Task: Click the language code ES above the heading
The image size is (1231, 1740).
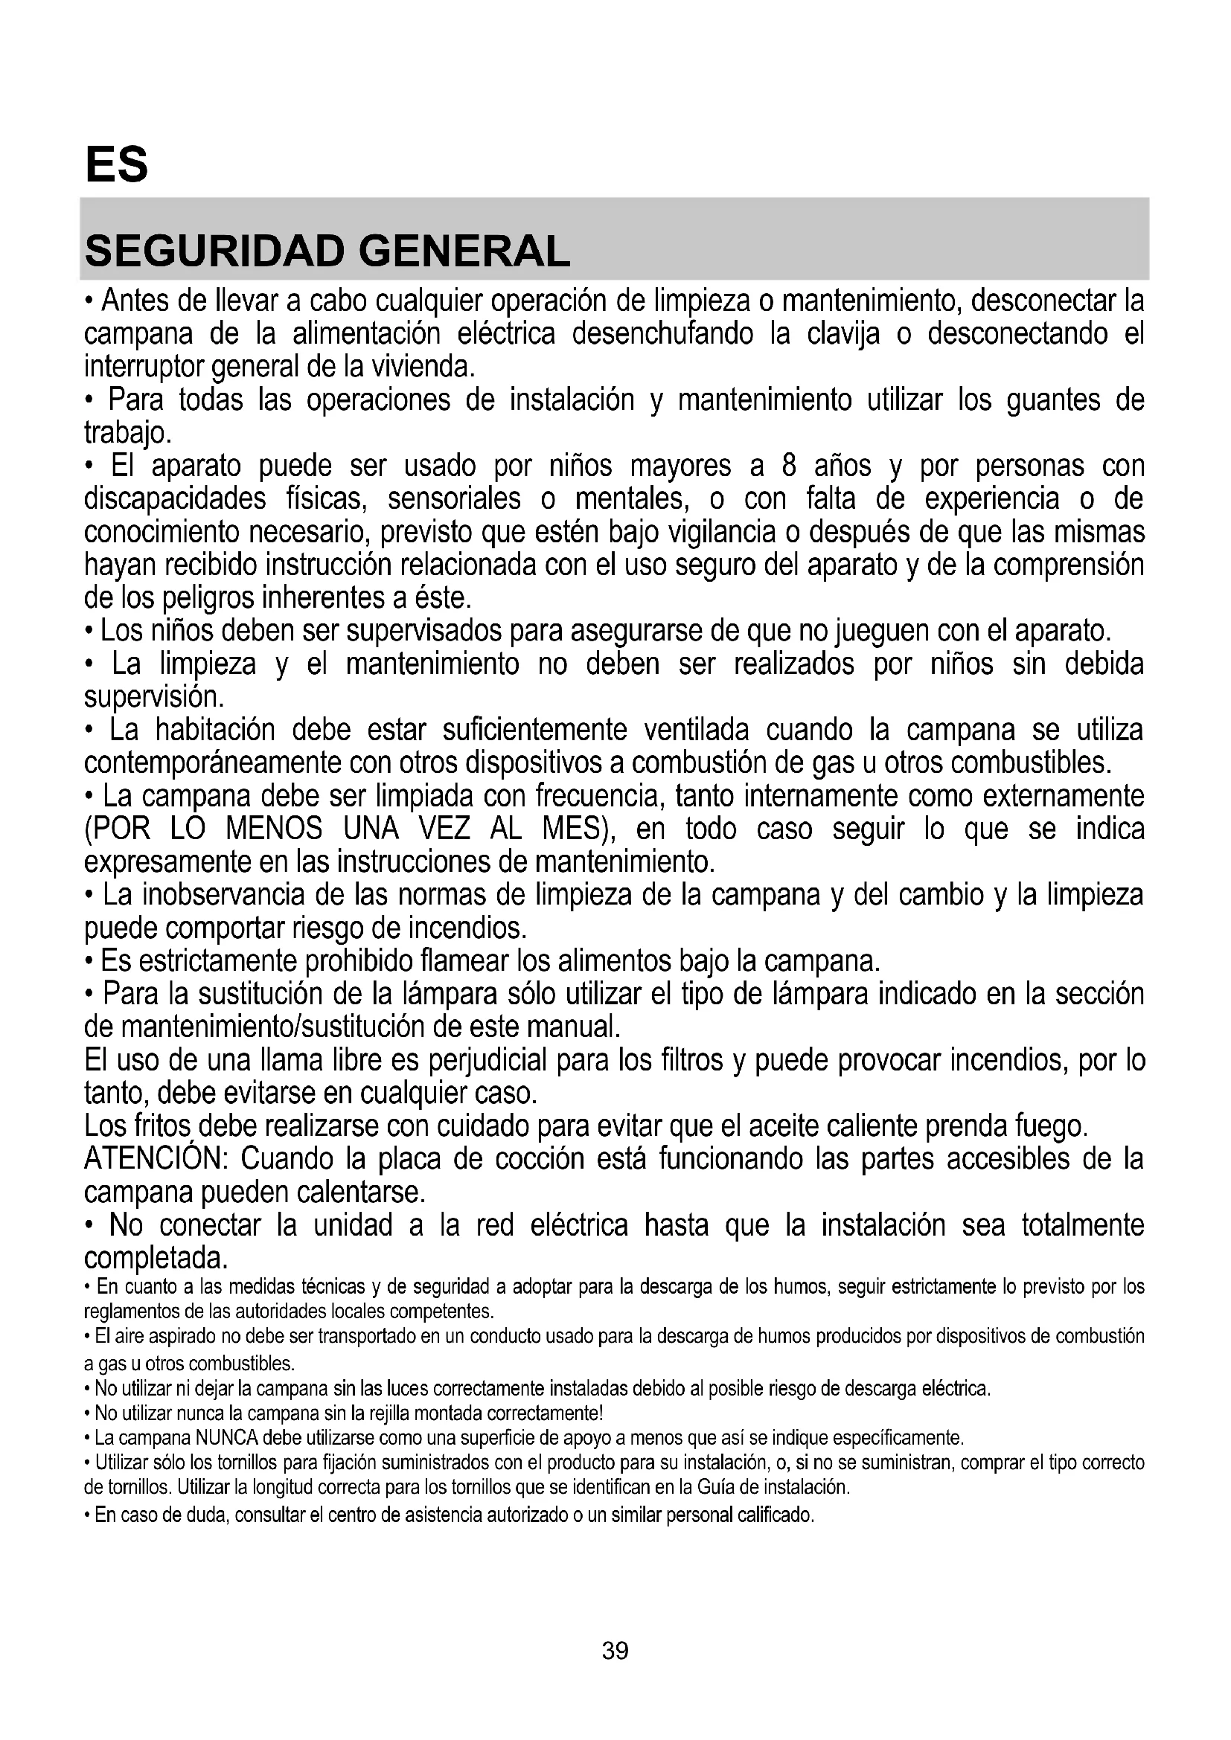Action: [117, 164]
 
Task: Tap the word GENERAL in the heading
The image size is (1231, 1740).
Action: [464, 251]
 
